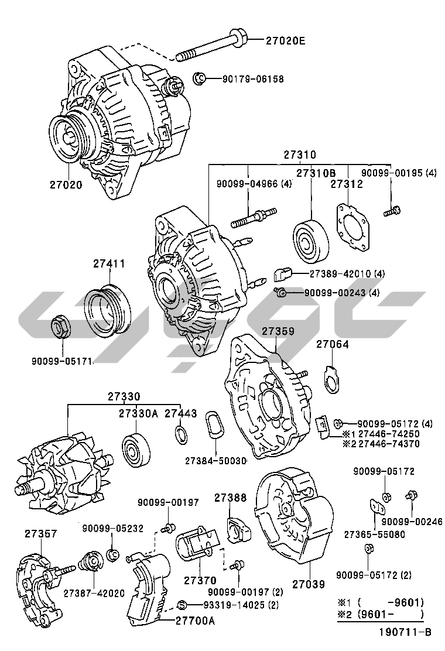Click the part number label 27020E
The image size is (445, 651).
(286, 41)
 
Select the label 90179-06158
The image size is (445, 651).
(252, 78)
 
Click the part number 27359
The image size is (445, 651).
(278, 331)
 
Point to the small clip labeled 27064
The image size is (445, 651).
(331, 378)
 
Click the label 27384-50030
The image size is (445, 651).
(215, 461)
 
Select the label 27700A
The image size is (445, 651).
(195, 621)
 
